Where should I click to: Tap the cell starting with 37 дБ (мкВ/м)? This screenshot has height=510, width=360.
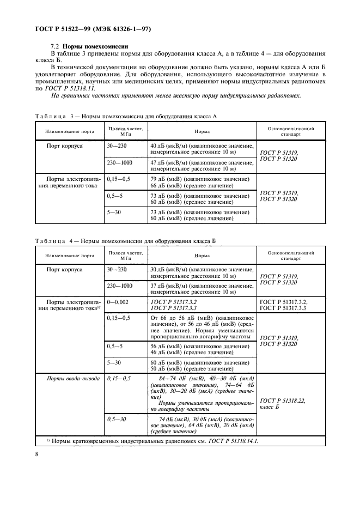pos(201,289)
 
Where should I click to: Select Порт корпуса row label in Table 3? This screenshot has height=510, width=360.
pos(69,147)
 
